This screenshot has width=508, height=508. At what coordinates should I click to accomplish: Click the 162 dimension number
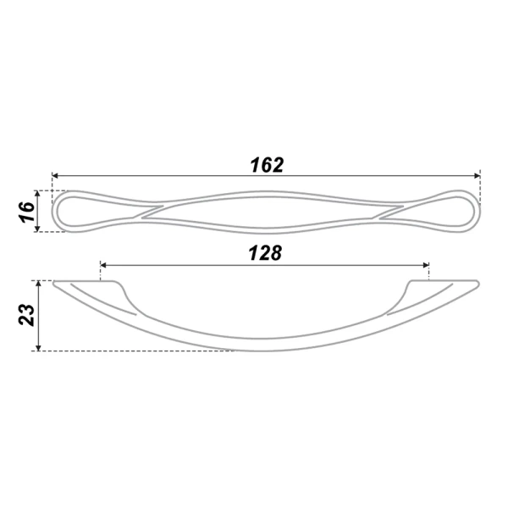coord(267,165)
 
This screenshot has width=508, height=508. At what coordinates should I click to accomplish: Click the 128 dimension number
coord(265,253)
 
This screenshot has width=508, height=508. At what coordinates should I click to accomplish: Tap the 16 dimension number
coord(27,211)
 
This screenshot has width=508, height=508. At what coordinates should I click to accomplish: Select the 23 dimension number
coord(26,315)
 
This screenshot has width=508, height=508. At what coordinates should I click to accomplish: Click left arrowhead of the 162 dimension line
coord(55,175)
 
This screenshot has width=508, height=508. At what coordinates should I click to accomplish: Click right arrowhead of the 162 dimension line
coord(477,175)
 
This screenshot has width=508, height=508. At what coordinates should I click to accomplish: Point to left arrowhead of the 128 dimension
coord(103,265)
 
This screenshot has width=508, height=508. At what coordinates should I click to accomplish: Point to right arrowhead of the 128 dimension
coord(426,265)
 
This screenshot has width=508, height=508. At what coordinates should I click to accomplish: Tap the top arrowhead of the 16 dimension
coord(37,194)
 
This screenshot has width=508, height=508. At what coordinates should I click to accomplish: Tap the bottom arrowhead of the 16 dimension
coord(37,229)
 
